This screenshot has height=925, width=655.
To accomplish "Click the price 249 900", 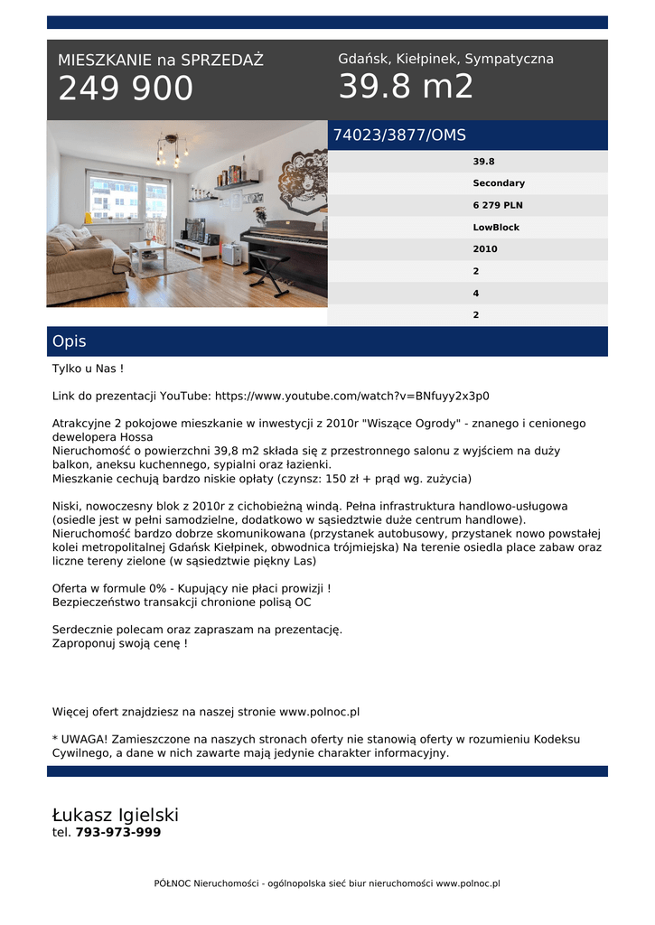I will click(x=126, y=89).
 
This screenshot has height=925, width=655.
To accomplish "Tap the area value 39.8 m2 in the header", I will click(x=406, y=87).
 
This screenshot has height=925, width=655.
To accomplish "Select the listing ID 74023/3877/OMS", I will click(x=399, y=135).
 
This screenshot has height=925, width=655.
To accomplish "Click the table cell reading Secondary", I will click(x=498, y=183).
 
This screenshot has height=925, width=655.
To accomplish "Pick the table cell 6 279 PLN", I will click(x=498, y=205).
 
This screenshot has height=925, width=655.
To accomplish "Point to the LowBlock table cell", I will click(x=496, y=228).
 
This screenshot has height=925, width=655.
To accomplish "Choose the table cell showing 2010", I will click(x=485, y=249).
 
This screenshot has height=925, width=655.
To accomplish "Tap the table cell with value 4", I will click(x=476, y=294).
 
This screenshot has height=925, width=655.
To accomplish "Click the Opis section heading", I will click(x=70, y=341).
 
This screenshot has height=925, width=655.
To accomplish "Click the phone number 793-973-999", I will click(x=118, y=833).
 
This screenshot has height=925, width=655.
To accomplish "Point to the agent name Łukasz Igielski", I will click(x=116, y=815).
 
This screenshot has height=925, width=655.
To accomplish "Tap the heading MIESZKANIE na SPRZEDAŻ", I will click(x=161, y=61).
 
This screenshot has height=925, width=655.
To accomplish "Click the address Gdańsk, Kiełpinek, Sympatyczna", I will click(x=445, y=59).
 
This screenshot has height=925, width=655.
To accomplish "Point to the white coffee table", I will click(x=148, y=253).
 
